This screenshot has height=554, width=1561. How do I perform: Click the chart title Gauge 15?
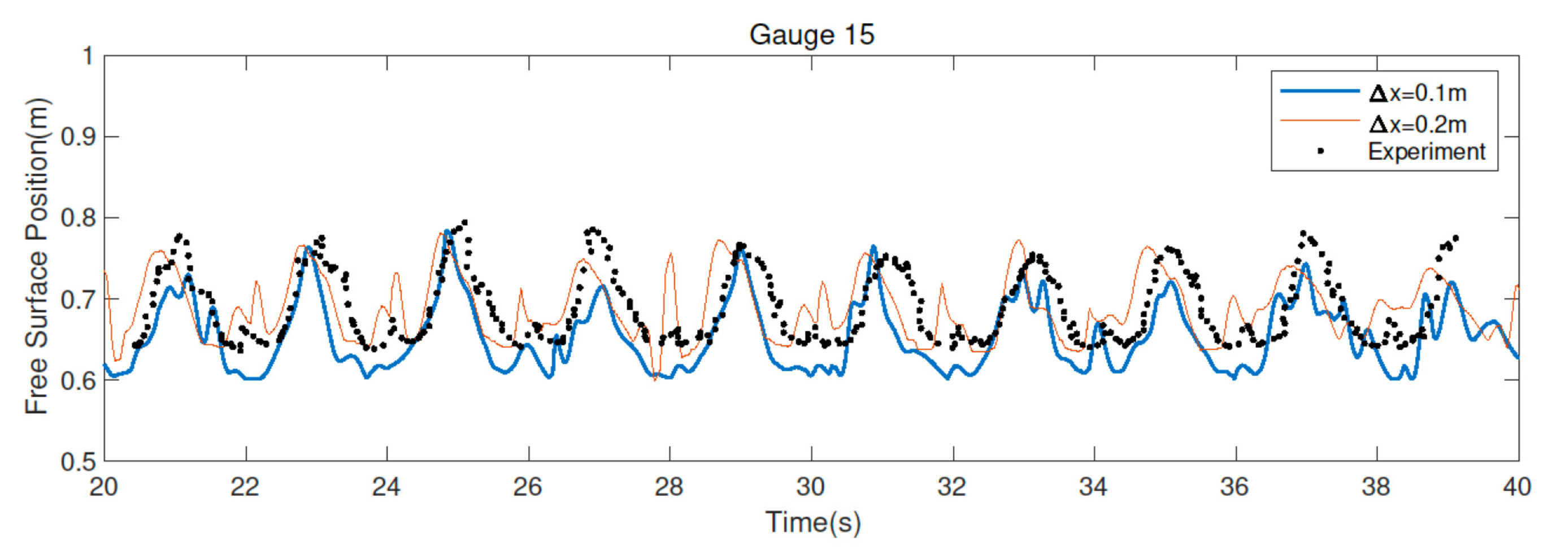(x=811, y=34)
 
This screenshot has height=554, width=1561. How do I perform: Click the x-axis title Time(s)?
(x=812, y=522)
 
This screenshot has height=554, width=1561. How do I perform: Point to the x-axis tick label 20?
(x=103, y=487)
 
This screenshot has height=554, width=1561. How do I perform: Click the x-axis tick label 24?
(x=386, y=487)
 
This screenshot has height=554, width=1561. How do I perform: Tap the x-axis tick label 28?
(x=669, y=487)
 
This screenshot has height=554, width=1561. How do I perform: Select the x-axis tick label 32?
(x=952, y=487)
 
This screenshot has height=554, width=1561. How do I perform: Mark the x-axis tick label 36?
(x=1235, y=487)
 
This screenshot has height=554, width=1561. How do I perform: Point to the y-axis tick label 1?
(x=88, y=56)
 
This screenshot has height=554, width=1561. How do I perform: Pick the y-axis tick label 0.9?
(x=78, y=137)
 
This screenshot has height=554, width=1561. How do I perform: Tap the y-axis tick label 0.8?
(x=78, y=218)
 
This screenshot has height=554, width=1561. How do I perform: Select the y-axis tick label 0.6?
(x=78, y=380)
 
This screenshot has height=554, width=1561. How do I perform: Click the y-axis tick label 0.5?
(x=78, y=462)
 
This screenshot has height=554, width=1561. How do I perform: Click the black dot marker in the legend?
(x=1320, y=152)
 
